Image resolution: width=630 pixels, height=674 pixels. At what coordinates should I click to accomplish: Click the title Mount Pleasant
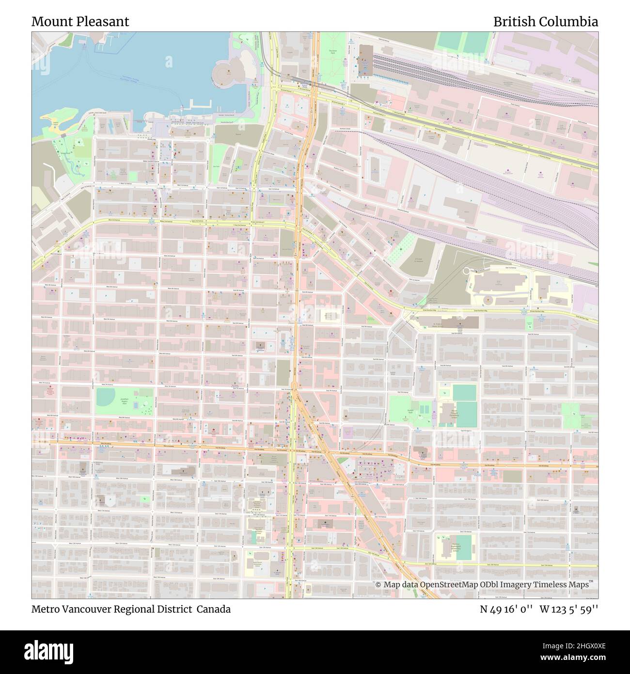pyautogui.click(x=80, y=21)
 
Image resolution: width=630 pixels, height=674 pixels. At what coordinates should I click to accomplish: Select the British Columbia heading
pyautogui.click(x=545, y=21)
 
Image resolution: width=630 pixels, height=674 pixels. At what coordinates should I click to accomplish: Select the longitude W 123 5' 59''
pyautogui.click(x=569, y=609)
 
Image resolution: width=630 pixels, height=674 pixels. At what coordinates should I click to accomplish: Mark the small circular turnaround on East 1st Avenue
pyautogui.click(x=467, y=271)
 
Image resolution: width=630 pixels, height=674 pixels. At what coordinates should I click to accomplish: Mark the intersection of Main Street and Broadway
pyautogui.click(x=292, y=449)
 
